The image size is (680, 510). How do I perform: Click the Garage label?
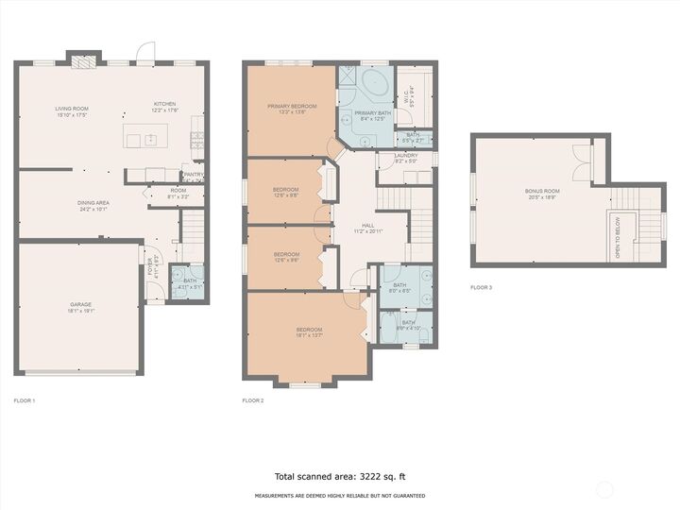80,306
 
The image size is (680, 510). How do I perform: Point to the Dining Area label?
93,204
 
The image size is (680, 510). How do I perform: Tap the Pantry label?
193,176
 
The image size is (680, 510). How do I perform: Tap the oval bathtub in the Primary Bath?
377,85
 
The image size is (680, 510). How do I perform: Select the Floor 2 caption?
253,400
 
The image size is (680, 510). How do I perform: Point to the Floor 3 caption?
481,287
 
